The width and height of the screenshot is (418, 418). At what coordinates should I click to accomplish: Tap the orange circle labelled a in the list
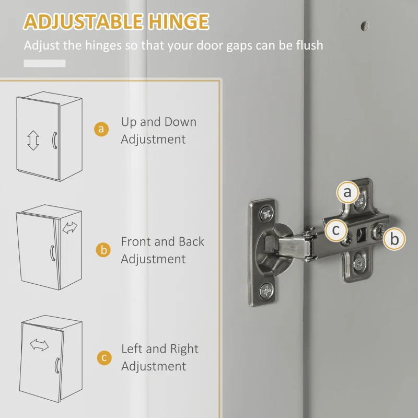click(x=101, y=129)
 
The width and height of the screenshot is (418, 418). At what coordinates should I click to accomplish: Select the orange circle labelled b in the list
click(x=103, y=250)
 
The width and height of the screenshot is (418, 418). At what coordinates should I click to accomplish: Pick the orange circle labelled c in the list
click(x=104, y=357)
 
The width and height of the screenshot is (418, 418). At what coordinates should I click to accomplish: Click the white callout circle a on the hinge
click(x=347, y=193)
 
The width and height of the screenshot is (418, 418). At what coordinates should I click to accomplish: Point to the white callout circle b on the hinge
click(x=394, y=239)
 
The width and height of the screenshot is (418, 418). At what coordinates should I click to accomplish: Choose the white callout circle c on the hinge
click(x=336, y=230)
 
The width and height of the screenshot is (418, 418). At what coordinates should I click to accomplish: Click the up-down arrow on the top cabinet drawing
click(x=33, y=141)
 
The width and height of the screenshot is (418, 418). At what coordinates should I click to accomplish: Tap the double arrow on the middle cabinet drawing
click(x=69, y=228)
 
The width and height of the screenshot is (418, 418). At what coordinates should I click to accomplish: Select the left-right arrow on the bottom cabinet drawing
click(x=39, y=345)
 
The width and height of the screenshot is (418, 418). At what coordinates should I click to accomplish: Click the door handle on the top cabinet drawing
click(x=53, y=141)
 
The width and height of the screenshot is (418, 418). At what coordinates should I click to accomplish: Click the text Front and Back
click(x=162, y=242)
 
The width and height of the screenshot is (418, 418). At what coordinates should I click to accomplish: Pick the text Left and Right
click(x=160, y=349)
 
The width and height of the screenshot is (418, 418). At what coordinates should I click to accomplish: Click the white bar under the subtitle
click(x=45, y=63)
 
